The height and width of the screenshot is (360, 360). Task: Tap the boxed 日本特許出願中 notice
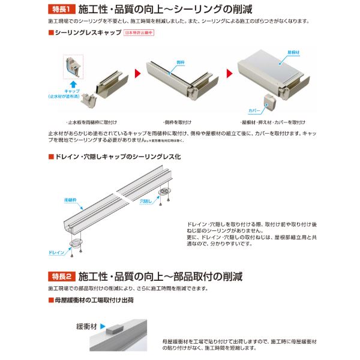tap(139, 34)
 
